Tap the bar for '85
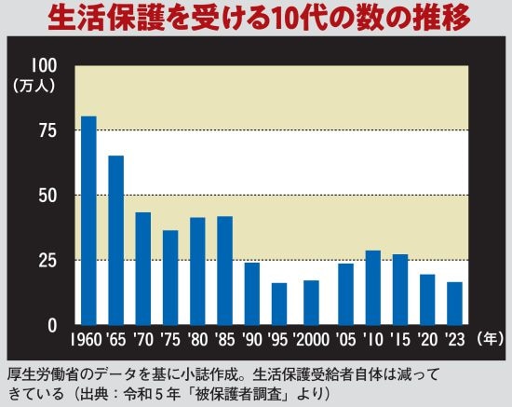(224, 270)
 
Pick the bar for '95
(278, 304)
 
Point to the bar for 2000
(312, 303)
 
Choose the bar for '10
(373, 288)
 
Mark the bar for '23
(454, 304)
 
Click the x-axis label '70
(143, 338)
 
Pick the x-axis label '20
(427, 338)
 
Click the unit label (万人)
(34, 84)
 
